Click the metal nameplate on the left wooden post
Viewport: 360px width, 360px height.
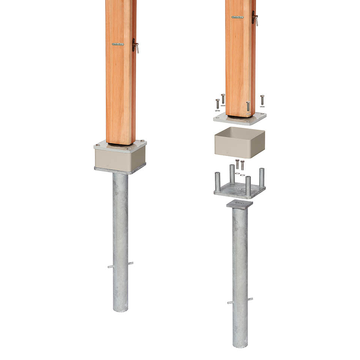(118, 44)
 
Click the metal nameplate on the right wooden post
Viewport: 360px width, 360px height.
(237, 17)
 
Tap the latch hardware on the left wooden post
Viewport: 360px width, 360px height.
(135, 46)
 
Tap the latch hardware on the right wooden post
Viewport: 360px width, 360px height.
(255, 18)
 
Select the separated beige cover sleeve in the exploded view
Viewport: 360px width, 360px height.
(239, 143)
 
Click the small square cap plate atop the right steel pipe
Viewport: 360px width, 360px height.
(240, 204)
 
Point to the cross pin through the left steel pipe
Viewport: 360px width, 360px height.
(120, 265)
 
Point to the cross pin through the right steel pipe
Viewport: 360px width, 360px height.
(240, 301)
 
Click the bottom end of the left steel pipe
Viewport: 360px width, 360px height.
(120, 309)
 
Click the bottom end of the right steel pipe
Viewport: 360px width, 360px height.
(240, 345)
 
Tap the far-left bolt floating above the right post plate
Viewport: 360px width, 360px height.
(217, 103)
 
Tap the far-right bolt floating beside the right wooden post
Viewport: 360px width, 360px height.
(262, 100)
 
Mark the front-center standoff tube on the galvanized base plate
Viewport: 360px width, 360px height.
(248, 185)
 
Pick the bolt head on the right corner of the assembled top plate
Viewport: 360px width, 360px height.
(143, 142)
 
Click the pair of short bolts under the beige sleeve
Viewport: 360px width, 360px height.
(240, 165)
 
